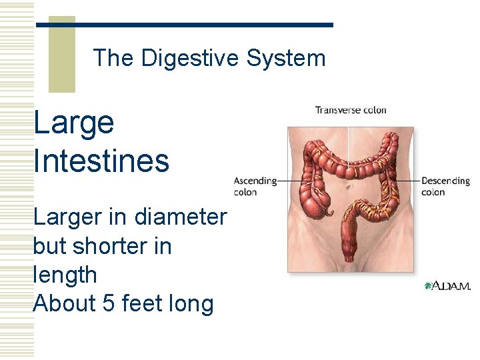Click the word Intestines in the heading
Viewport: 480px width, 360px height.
tap(101, 161)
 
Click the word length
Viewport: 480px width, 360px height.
tap(65, 275)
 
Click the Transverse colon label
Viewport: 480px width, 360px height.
tap(351, 110)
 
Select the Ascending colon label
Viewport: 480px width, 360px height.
tap(255, 186)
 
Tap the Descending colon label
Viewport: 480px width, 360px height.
tap(445, 186)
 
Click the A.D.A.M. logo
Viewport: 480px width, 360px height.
tap(447, 286)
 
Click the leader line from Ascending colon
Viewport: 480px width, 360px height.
tap(293, 181)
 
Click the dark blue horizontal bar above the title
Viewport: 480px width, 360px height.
tap(184, 25)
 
